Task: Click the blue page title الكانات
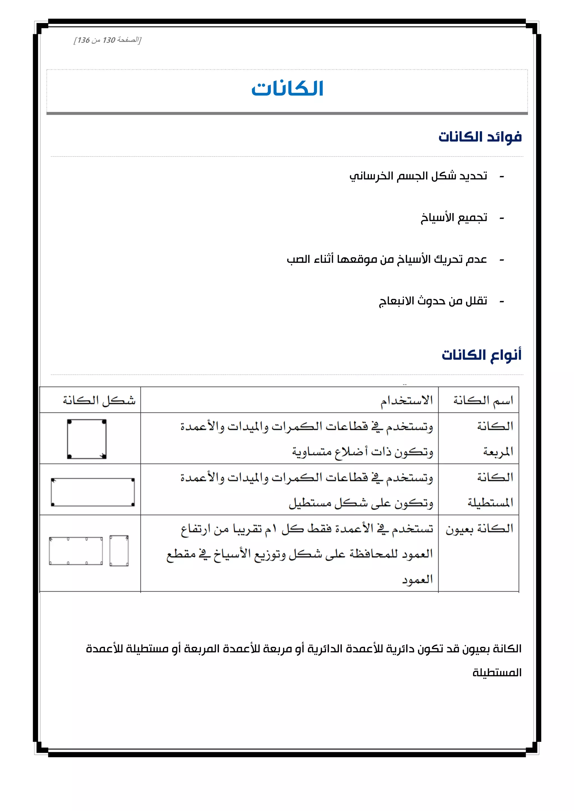[x=287, y=89]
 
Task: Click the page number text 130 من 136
[x=107, y=40]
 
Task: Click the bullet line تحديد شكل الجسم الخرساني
[x=418, y=176]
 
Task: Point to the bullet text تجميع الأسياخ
[x=453, y=218]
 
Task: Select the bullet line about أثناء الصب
[x=387, y=260]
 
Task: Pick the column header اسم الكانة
[x=483, y=400]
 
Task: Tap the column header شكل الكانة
[x=99, y=400]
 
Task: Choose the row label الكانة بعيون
[x=479, y=529]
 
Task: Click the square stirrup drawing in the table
[x=87, y=439]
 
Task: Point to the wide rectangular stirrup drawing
[x=92, y=492]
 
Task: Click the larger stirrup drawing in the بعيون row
[x=76, y=551]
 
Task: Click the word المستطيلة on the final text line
[x=497, y=673]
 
